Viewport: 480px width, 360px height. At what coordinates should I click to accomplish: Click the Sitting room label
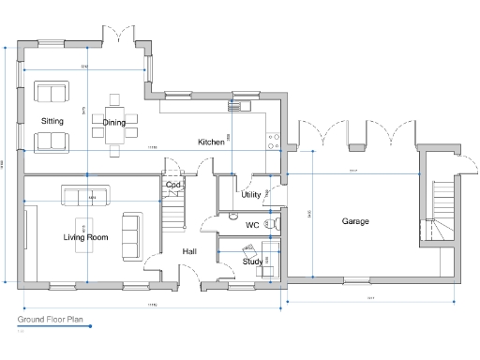tap(52, 122)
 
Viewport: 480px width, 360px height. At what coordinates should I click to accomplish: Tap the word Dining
tap(113, 123)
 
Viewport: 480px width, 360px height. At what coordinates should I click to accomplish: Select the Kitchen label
tap(211, 142)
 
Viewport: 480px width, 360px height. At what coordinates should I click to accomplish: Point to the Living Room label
tap(85, 238)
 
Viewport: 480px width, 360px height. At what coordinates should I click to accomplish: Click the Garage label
tap(354, 221)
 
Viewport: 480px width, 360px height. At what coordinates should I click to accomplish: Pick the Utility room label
tap(250, 195)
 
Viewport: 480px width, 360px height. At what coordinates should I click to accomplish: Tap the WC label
tap(252, 226)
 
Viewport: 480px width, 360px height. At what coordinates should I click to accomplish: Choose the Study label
tap(251, 262)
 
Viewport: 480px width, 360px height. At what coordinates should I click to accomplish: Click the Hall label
tap(189, 251)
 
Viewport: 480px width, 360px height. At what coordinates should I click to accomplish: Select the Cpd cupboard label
tap(173, 185)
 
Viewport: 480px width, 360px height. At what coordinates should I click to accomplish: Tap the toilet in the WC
tap(273, 225)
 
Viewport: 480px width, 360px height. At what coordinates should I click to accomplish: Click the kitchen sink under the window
tap(243, 106)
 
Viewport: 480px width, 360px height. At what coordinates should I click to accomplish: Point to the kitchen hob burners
tap(274, 141)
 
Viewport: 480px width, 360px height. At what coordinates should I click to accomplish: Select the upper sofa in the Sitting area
tap(52, 92)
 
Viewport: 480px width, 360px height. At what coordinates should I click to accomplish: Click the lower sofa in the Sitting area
tap(52, 142)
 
